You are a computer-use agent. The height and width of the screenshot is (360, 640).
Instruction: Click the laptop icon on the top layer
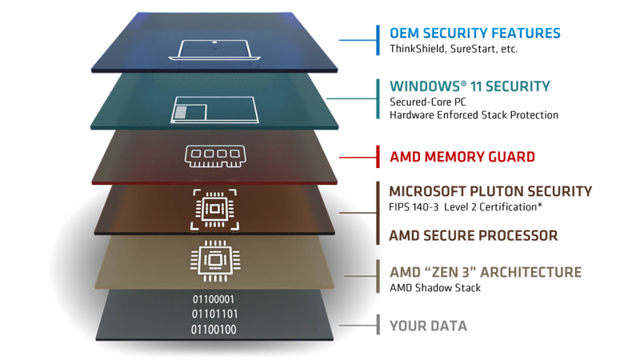pyautogui.click(x=214, y=50)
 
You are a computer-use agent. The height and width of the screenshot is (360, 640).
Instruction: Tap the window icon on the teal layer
pyautogui.click(x=214, y=110)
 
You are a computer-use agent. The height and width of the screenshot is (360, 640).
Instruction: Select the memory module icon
pyautogui.click(x=215, y=156)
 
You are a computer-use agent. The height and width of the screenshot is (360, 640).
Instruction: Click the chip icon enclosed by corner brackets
pyautogui.click(x=214, y=209)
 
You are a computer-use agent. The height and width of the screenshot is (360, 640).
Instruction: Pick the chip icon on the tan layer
pyautogui.click(x=215, y=261)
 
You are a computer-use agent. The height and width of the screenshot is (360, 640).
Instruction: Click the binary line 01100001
pyautogui.click(x=214, y=299)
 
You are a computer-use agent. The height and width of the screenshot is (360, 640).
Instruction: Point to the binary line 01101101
pyautogui.click(x=214, y=314)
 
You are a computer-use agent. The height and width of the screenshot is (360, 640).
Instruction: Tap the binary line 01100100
pyautogui.click(x=214, y=330)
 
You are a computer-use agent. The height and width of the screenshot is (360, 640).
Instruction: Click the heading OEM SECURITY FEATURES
pyautogui.click(x=475, y=33)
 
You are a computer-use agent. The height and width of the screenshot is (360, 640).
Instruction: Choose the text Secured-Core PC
pyautogui.click(x=428, y=102)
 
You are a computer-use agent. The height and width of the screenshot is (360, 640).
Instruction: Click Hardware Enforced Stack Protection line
pyautogui.click(x=474, y=115)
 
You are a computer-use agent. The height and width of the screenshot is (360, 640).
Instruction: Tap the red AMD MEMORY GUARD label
pyautogui.click(x=462, y=157)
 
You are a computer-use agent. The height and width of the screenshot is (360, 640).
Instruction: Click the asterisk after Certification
pyautogui.click(x=539, y=205)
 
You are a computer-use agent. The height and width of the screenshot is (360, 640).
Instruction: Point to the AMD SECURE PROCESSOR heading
pyautogui.click(x=474, y=235)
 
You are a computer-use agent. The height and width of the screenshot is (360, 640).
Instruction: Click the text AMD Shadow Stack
pyautogui.click(x=435, y=288)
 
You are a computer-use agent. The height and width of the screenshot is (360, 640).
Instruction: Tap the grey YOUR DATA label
pyautogui.click(x=428, y=326)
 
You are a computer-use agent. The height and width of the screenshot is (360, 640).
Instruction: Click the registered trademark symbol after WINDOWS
pyautogui.click(x=463, y=83)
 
